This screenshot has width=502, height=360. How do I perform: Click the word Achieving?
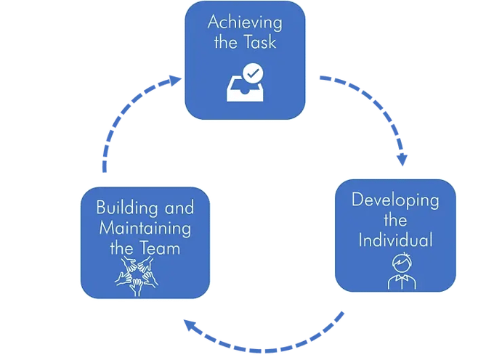pos(245,23)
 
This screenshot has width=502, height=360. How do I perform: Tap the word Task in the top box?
pos(259,42)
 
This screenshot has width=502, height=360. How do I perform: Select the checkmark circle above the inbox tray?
pos(253,73)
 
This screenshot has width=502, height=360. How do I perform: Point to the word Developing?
pos(395,200)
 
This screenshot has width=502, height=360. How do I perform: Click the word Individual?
pos(395,240)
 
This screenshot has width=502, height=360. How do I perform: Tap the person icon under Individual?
pos(402,271)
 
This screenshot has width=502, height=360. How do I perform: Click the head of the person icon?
pos(402,263)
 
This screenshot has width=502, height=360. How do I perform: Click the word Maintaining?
pos(145,229)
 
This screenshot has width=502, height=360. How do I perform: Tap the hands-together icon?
pos(137,276)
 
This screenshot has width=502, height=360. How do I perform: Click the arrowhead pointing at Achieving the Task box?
pos(175,80)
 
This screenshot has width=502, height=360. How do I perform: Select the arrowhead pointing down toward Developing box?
pos(402,160)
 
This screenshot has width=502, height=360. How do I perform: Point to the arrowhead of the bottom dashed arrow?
pos(190,325)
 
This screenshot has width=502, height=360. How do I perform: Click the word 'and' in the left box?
pos(179,208)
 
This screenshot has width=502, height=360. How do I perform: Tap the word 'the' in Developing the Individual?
pos(395,221)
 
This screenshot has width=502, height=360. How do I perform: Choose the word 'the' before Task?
pos(226,42)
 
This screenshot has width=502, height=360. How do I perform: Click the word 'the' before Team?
pos(121,248)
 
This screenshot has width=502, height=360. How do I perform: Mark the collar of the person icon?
pos(402,277)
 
